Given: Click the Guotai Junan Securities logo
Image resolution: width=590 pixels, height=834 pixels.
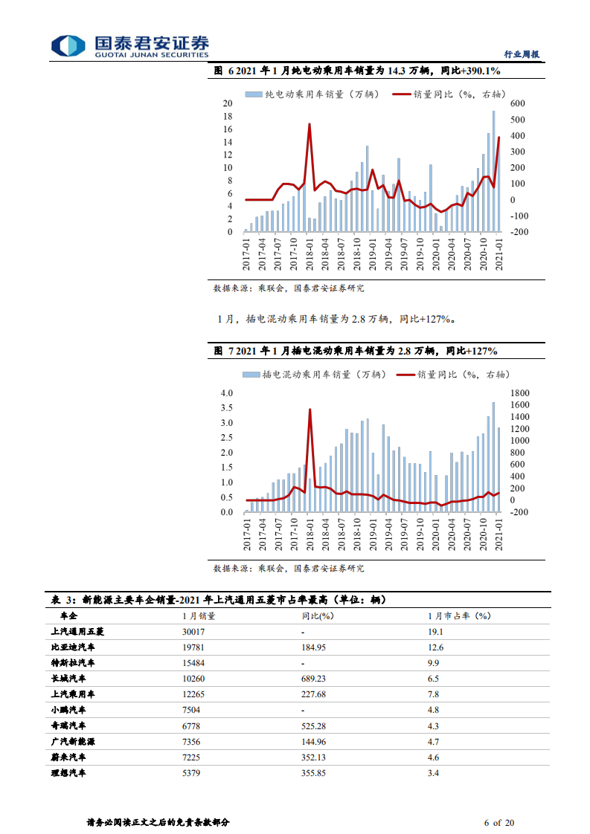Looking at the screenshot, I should (129, 46).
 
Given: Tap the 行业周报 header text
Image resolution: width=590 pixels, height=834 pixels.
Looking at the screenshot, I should (522, 54).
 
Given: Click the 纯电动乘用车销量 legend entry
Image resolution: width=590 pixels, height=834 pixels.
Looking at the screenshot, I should (312, 94).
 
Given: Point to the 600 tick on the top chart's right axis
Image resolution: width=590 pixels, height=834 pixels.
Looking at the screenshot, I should (518, 104).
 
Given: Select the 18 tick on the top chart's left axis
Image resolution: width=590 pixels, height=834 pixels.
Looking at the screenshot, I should (228, 117).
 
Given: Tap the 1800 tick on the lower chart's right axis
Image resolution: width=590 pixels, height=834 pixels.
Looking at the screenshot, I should (520, 392).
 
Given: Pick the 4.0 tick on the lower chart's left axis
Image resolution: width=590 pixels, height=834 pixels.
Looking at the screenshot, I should (226, 392).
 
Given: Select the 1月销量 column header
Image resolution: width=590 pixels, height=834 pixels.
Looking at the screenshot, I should (199, 615).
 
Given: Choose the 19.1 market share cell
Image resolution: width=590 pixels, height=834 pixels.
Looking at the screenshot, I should (436, 631).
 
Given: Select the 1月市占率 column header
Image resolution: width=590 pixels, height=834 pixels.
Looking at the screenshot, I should (460, 615).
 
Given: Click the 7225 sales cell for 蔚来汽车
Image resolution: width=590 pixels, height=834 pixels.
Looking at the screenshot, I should (192, 757).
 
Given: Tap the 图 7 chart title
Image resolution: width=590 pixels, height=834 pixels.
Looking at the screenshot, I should (355, 350).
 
